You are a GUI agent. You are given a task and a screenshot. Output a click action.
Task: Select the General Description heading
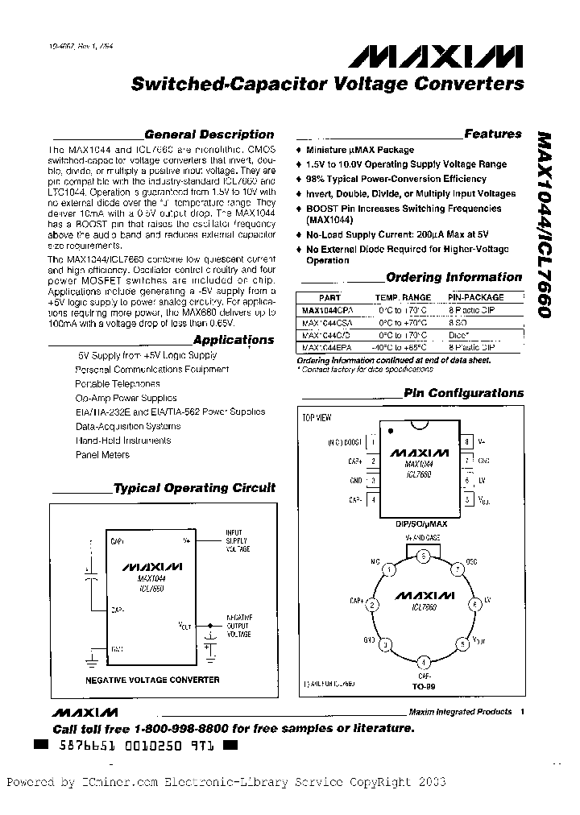pyautogui.click(x=209, y=134)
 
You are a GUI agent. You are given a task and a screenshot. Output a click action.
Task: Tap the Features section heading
pyautogui.click(x=492, y=134)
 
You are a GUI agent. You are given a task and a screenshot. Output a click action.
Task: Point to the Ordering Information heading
pyautogui.click(x=454, y=277)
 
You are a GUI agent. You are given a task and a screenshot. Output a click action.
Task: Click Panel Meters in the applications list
pyautogui.click(x=102, y=455)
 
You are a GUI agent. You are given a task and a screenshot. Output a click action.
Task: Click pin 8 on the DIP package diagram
pyautogui.click(x=466, y=442)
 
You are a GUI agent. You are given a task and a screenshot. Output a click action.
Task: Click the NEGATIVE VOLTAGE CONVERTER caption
pyautogui.click(x=152, y=680)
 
